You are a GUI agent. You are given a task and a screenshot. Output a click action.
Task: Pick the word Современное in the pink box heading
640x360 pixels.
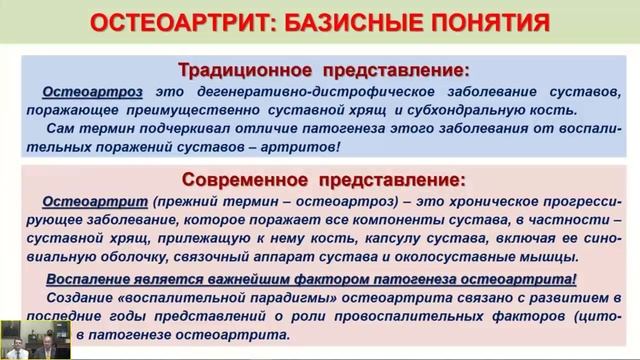[x=246, y=181]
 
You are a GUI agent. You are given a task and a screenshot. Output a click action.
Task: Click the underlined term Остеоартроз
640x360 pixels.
[x=87, y=93]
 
